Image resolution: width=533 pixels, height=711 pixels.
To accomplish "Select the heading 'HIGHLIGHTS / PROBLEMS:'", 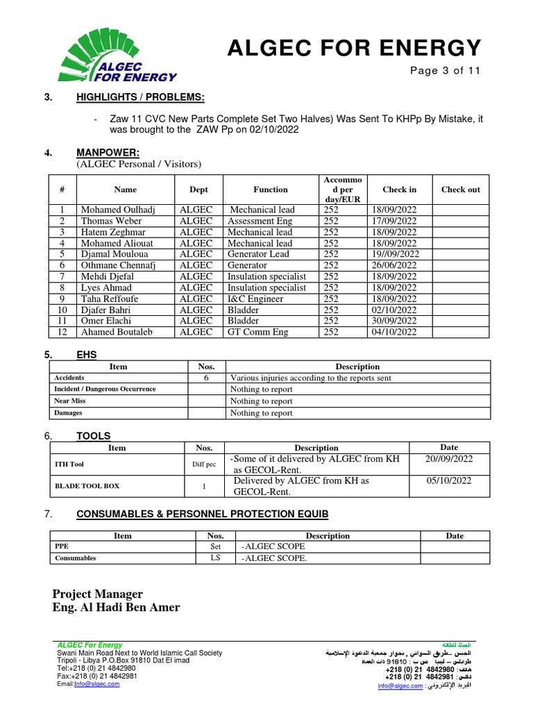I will click(140, 97).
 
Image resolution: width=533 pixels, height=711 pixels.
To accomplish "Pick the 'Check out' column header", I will click(460, 190).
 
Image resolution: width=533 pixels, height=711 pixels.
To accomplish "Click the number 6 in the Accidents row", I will click(206, 378).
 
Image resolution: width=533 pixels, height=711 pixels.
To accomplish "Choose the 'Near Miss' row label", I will click(69, 401).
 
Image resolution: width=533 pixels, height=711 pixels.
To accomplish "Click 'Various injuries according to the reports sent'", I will click(311, 378).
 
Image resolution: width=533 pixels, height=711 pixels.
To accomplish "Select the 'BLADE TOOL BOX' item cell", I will click(87, 486).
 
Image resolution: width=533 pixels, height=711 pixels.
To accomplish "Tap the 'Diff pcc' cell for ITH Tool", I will click(204, 465).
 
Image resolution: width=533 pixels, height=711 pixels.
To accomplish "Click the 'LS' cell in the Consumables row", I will click(215, 558).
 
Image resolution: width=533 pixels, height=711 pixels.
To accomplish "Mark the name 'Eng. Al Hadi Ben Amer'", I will click(116, 608).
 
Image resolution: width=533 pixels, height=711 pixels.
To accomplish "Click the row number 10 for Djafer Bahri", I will click(62, 310).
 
